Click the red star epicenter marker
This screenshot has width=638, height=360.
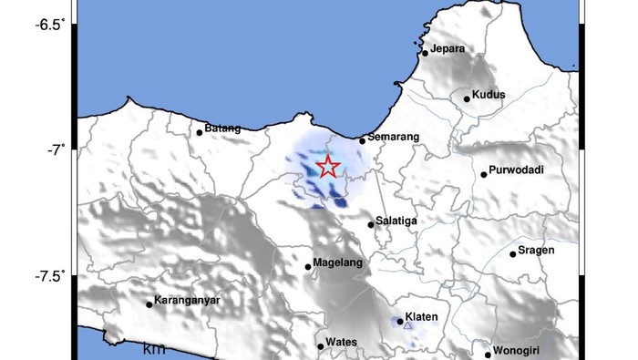328,167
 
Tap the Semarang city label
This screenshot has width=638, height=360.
393,137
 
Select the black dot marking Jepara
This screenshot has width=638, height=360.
425,53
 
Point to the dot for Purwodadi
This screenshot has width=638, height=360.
484,174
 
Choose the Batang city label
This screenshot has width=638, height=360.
223,128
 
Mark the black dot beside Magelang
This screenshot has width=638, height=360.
308,267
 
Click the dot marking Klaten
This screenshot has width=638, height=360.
399,321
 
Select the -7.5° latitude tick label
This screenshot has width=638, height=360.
50,276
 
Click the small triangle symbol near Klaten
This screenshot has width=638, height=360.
407,324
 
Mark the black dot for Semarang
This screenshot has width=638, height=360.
362,140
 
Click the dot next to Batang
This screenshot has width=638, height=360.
200,132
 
